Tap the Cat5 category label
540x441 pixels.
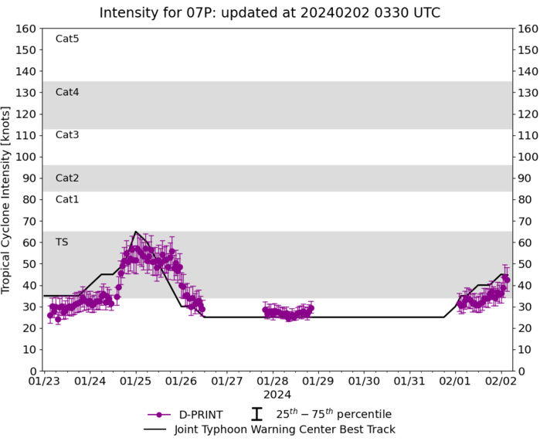(x=67, y=39)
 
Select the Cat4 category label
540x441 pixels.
(x=67, y=92)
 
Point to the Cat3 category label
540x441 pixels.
(x=67, y=135)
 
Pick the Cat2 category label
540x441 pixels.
(x=67, y=178)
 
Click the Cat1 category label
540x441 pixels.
(x=67, y=199)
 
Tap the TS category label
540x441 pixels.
(x=62, y=242)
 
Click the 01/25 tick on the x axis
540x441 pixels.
(x=136, y=382)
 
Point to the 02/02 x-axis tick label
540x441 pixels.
(x=502, y=382)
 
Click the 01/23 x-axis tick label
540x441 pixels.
(x=44, y=382)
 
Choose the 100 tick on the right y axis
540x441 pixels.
(x=529, y=157)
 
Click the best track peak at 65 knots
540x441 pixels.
(x=136, y=232)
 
